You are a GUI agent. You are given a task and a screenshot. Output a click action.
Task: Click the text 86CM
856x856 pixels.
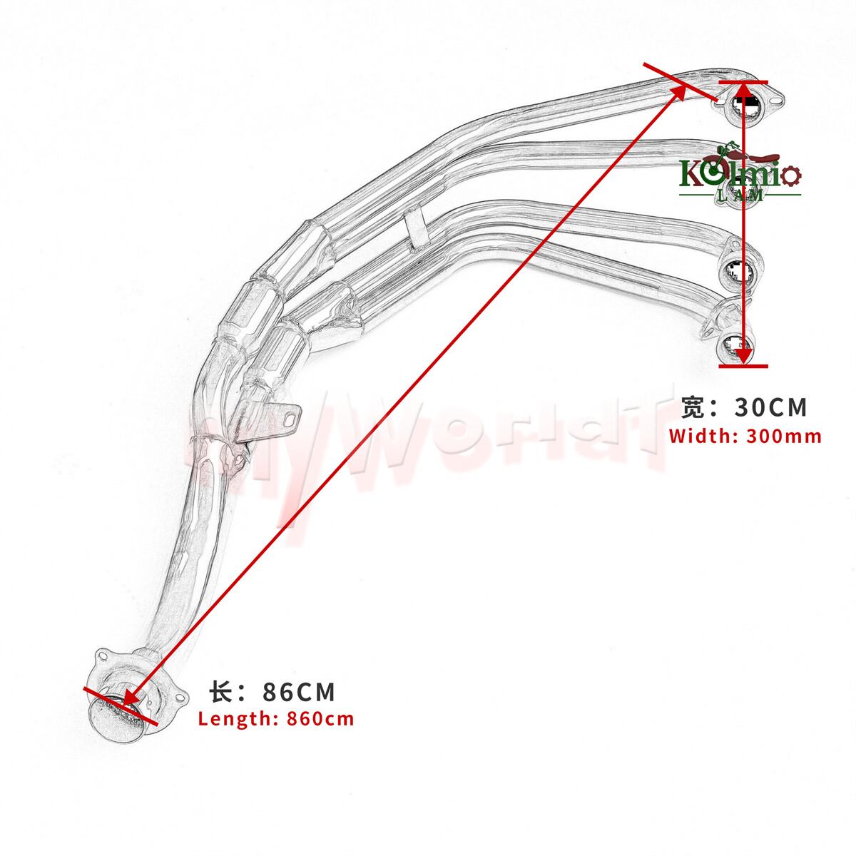tap(299, 692)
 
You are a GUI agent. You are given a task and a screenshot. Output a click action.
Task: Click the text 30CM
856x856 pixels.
tap(771, 407)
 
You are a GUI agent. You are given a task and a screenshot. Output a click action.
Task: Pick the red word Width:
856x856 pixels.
tap(702, 436)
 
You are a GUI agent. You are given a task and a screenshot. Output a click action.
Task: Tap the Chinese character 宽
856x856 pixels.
tap(692, 407)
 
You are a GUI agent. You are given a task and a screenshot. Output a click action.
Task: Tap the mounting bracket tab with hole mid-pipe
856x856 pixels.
tap(285, 417)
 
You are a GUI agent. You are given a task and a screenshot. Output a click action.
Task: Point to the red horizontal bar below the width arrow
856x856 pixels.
tap(743, 366)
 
